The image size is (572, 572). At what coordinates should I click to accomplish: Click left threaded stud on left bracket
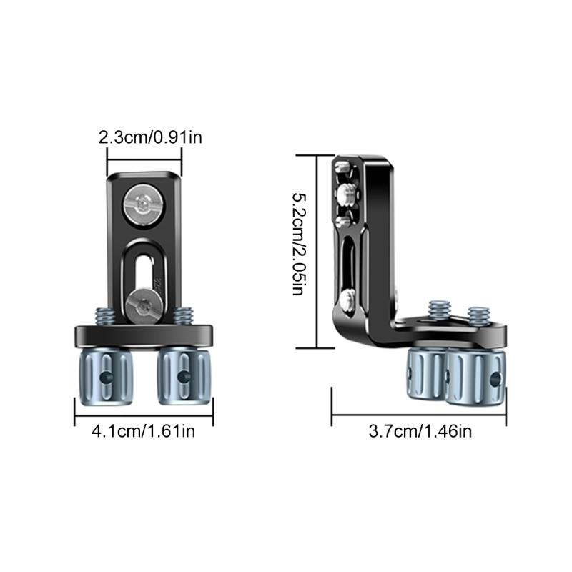[104, 315]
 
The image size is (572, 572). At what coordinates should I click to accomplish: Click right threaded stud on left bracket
[186, 315]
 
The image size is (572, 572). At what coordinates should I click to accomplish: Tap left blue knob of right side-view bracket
[428, 375]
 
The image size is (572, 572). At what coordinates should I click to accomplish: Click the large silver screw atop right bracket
[347, 192]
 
